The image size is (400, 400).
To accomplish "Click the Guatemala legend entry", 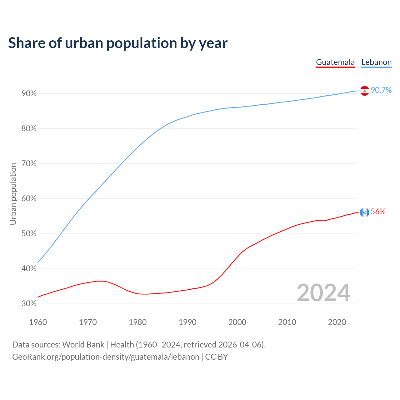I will coord(335,62).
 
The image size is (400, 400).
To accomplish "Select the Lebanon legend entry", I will coord(376,62).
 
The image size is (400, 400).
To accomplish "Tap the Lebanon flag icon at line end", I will coord(365,91).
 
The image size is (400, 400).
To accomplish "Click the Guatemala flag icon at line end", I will coord(365,212).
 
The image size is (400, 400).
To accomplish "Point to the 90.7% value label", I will coord(381,90).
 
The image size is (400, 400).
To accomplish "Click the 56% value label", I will coord(378,212).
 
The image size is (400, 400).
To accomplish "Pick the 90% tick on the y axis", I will coord(29,94).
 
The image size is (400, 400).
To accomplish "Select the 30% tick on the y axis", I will coord(29,304).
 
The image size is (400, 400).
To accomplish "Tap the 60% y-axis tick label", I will coord(29,199).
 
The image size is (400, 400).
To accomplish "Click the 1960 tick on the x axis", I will coord(38,322).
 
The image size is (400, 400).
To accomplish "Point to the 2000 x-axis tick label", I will coord(237,322).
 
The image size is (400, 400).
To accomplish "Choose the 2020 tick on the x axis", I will coord(337,322).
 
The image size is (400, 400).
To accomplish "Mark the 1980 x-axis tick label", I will coord(137,322).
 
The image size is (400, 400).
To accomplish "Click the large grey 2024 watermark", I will coord(323,293).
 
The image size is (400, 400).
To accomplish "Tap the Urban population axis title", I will coord(13,194).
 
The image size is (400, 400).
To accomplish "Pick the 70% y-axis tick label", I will coord(29,164).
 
